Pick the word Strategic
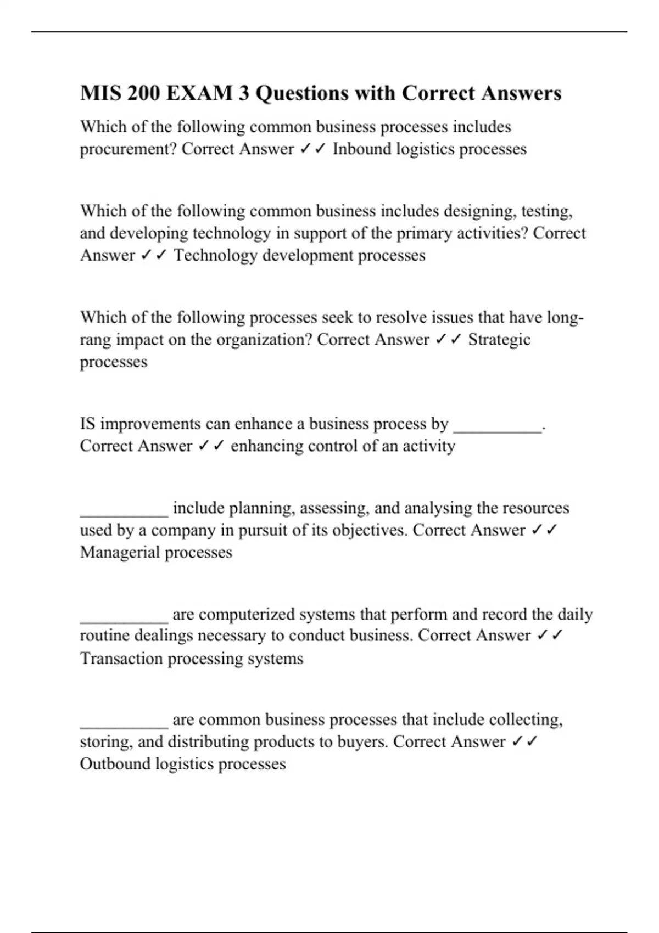point(499,339)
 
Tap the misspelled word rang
point(94,340)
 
